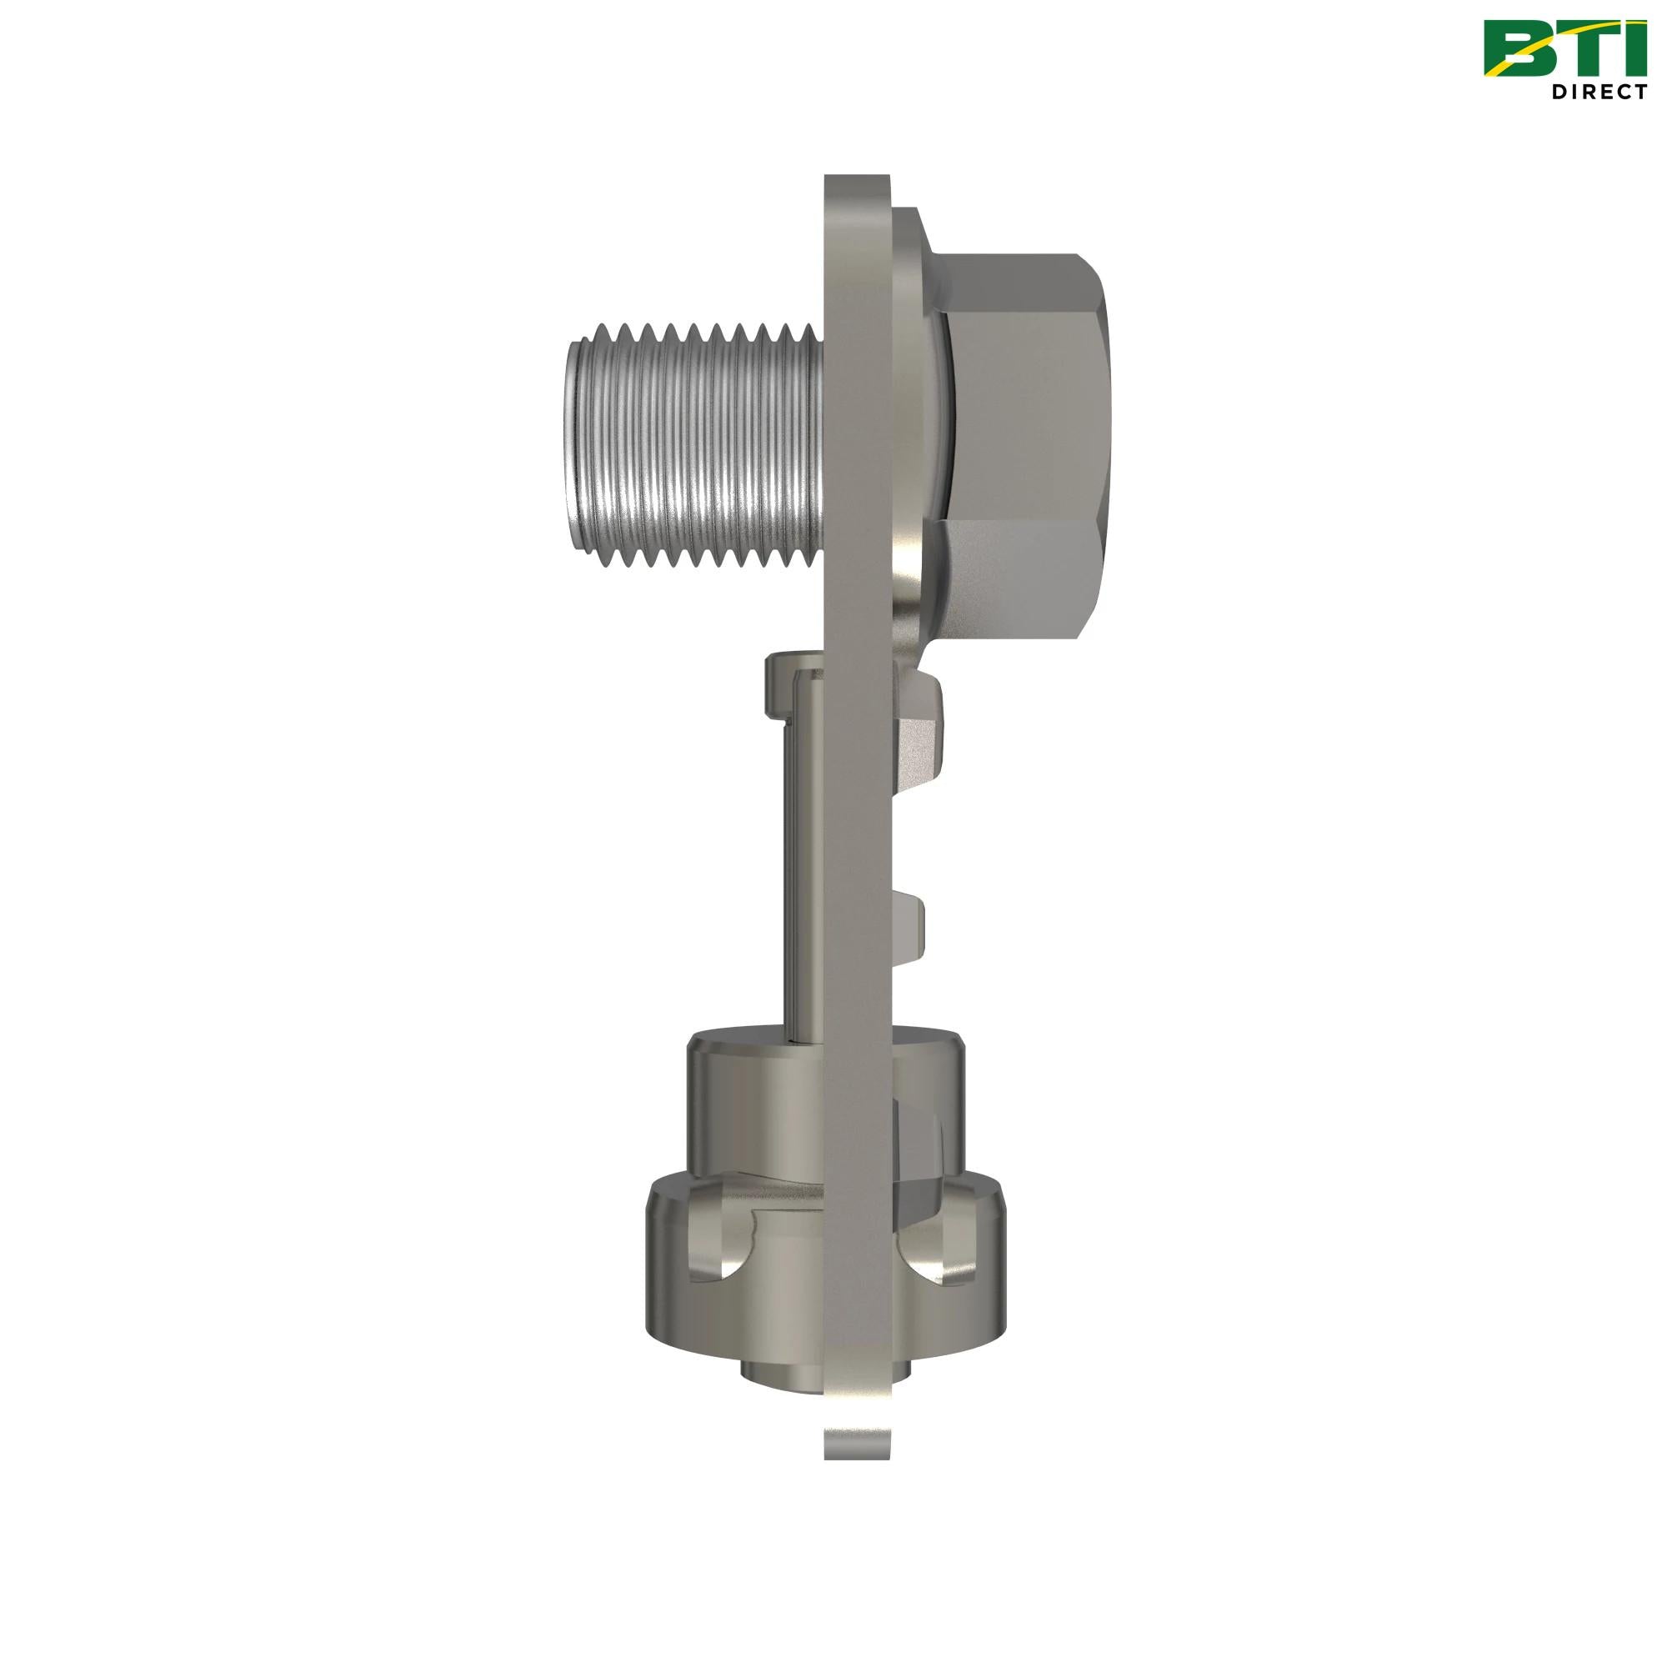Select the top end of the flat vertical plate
coord(855,186)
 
